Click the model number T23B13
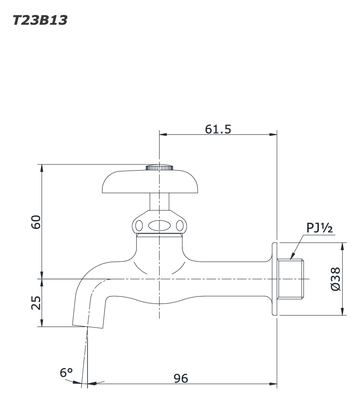(40, 20)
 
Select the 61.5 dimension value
(218, 129)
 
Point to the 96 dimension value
(180, 379)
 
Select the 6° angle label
(66, 373)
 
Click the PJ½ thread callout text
(319, 228)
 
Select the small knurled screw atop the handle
(159, 167)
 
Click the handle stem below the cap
(159, 202)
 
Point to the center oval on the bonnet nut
(159, 226)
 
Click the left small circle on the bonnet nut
(138, 226)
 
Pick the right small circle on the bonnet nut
(179, 226)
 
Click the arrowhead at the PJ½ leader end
(292, 257)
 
